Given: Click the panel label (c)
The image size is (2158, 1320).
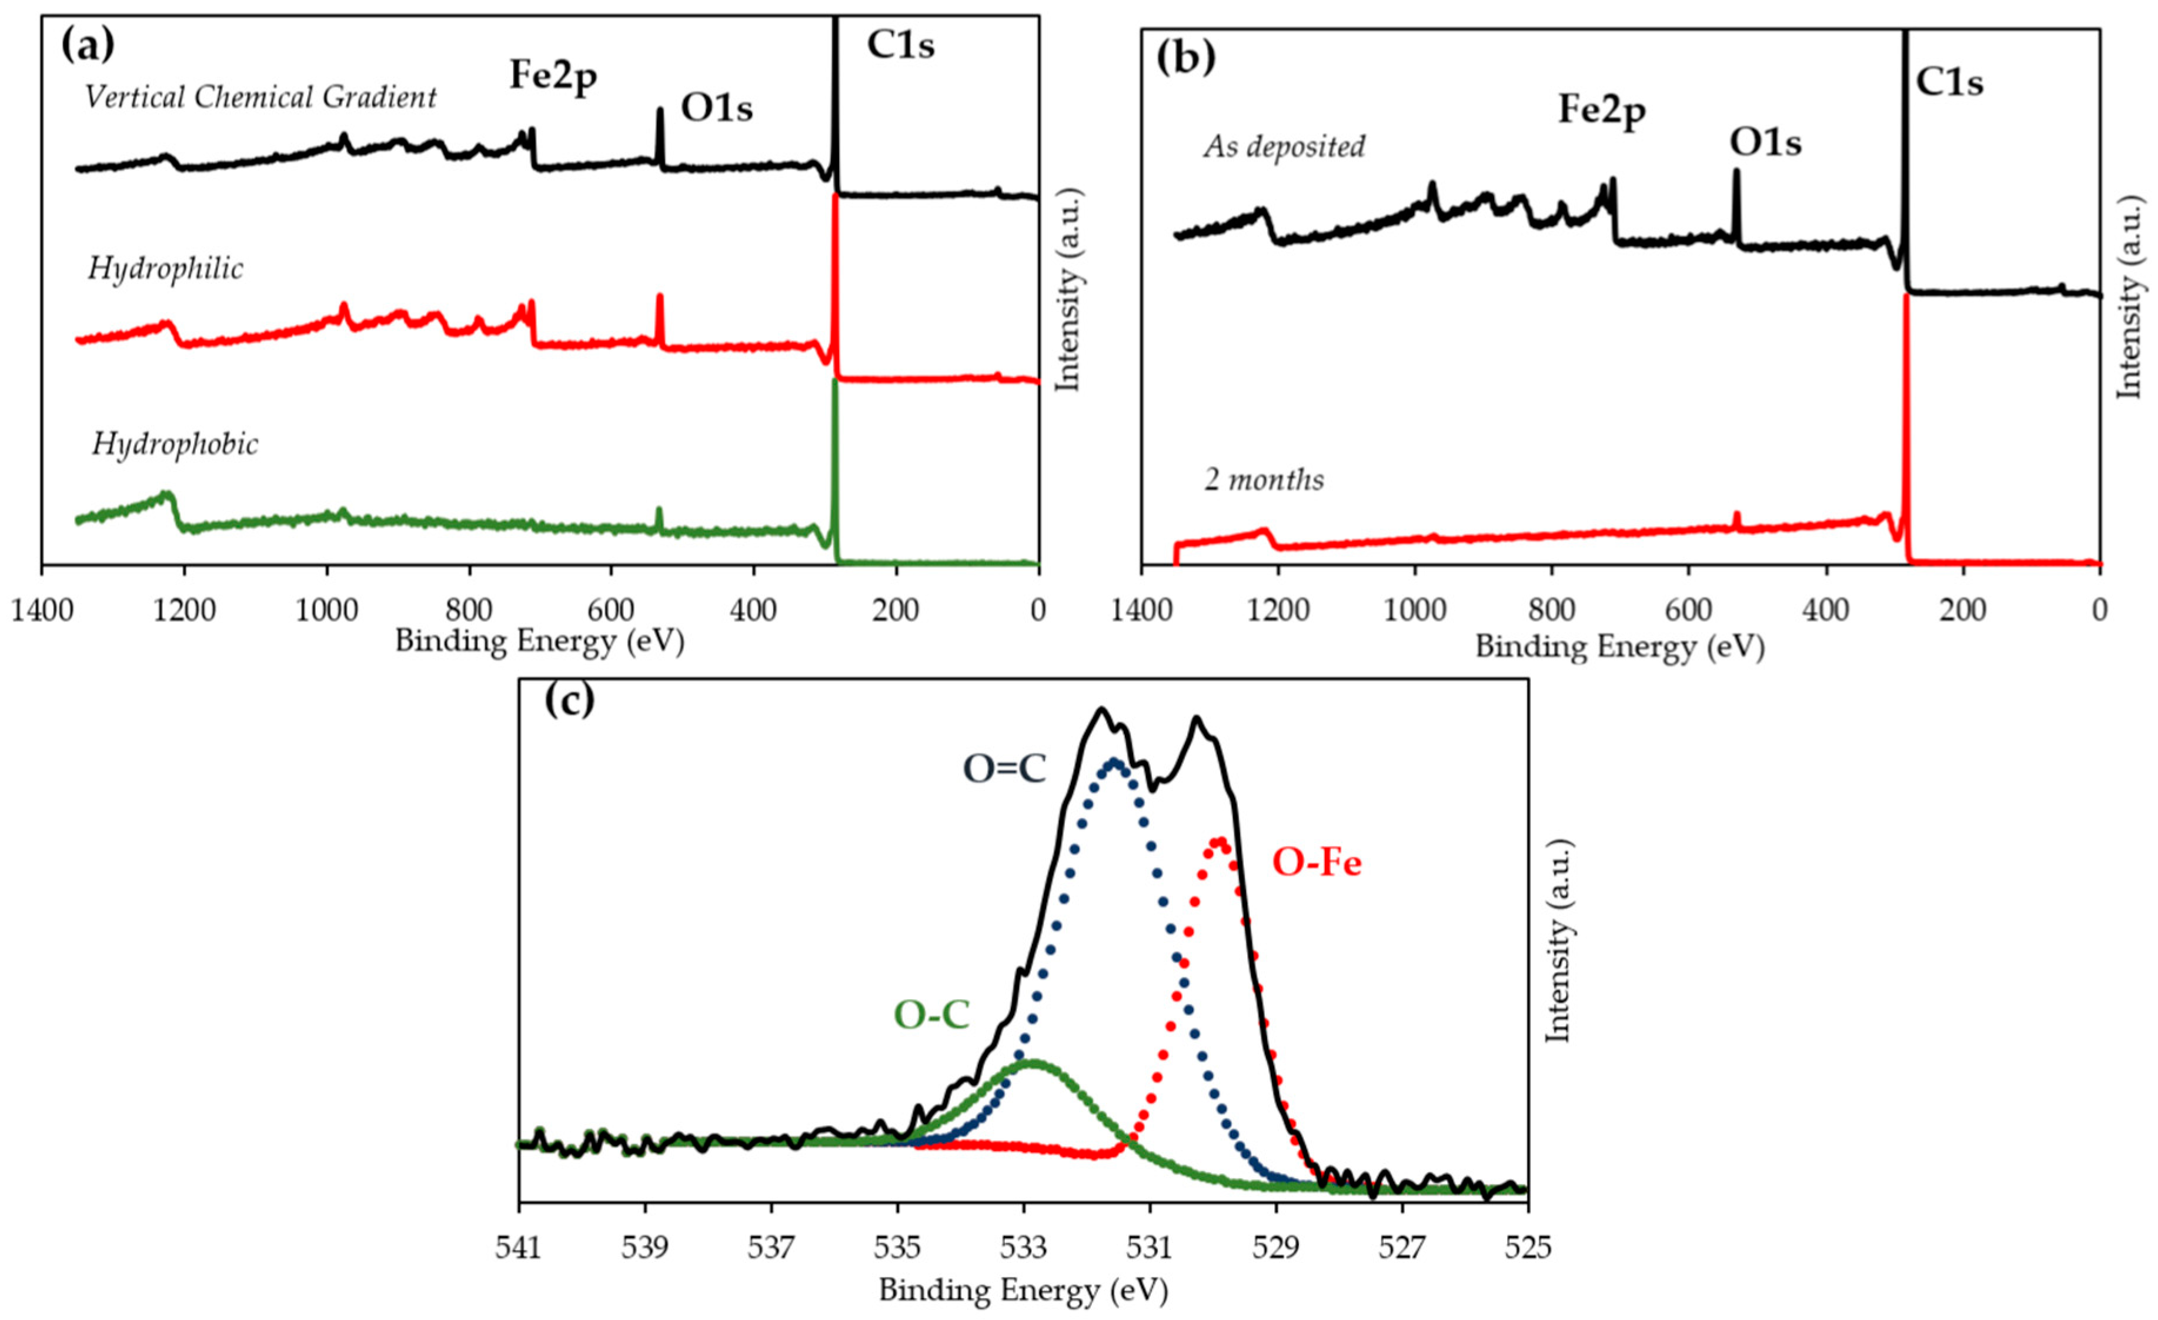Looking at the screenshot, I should (569, 701).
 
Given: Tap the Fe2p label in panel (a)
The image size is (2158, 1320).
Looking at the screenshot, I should (553, 77).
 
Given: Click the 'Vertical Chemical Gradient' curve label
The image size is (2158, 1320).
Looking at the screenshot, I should (260, 97).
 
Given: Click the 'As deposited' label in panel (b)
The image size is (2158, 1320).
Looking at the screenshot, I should (1284, 146).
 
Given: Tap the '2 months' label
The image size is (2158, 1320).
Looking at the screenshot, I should (1264, 480).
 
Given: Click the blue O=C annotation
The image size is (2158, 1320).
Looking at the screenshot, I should (1004, 770).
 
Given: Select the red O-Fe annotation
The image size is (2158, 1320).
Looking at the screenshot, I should (1317, 864).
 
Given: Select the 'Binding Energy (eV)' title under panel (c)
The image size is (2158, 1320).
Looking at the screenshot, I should (1023, 1289).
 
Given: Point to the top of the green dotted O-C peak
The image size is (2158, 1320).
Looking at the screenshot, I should (1034, 1062).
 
